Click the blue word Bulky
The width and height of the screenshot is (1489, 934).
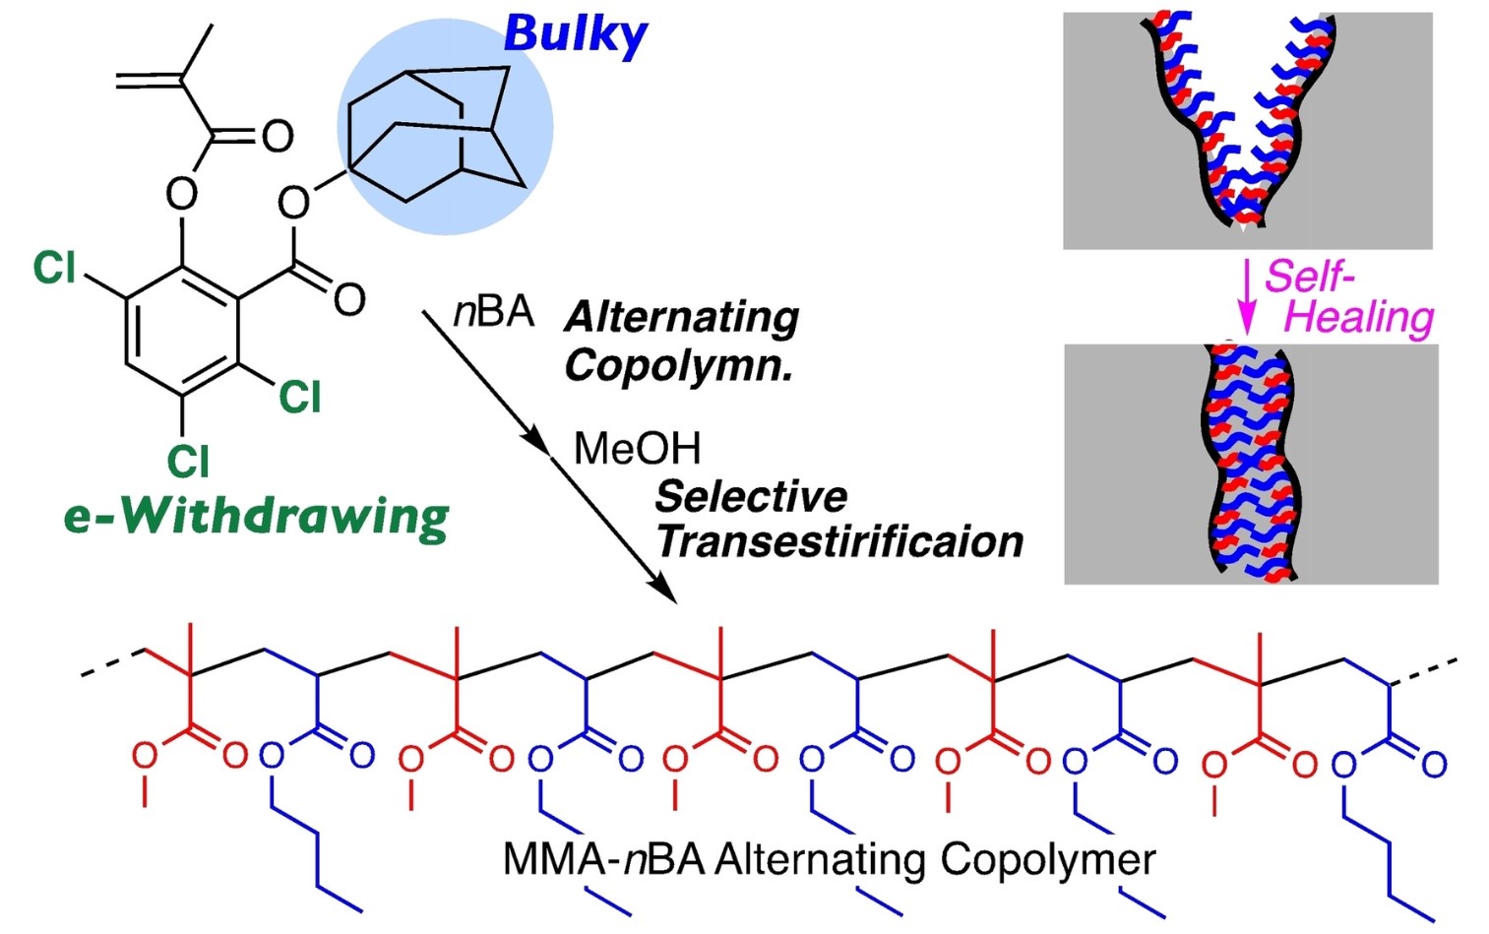coord(575,35)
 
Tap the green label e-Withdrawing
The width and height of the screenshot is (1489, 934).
coord(256,517)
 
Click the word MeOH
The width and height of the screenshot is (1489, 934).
coord(637,449)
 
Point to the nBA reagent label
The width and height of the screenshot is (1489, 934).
coord(493,312)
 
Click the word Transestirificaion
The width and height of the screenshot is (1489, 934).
coord(839,541)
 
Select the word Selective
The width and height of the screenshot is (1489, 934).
coord(751,496)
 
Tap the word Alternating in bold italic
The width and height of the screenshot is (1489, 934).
coord(682,318)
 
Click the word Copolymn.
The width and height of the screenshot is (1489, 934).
coord(678,366)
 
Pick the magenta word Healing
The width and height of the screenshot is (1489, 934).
coord(1359,318)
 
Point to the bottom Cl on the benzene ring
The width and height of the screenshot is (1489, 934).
coord(187,460)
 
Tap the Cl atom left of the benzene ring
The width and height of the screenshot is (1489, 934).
coord(54,268)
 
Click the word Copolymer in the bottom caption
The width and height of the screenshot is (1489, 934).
coord(1047,859)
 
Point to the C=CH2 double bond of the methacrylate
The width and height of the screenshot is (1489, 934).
coord(148,80)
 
